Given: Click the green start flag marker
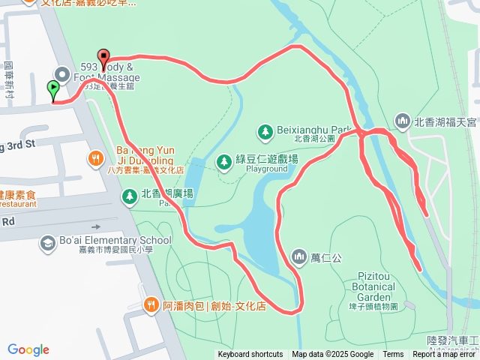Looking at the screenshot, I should click(x=53, y=90).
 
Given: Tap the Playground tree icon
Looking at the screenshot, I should click(x=223, y=161).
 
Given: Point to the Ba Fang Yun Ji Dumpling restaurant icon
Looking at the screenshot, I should click(x=95, y=158).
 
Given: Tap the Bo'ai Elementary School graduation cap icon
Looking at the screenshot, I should click(x=48, y=244).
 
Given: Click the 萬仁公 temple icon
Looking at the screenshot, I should click(x=300, y=258).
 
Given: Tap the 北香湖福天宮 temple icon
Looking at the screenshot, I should click(x=403, y=121).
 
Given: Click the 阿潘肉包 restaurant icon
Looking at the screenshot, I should click(x=151, y=304).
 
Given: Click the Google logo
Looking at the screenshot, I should click(x=28, y=349).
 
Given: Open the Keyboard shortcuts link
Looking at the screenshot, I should click(x=250, y=355).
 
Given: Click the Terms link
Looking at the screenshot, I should click(x=393, y=355).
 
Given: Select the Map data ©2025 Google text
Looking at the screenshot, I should click(x=332, y=355).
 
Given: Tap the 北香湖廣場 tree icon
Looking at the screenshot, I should click(x=130, y=196).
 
